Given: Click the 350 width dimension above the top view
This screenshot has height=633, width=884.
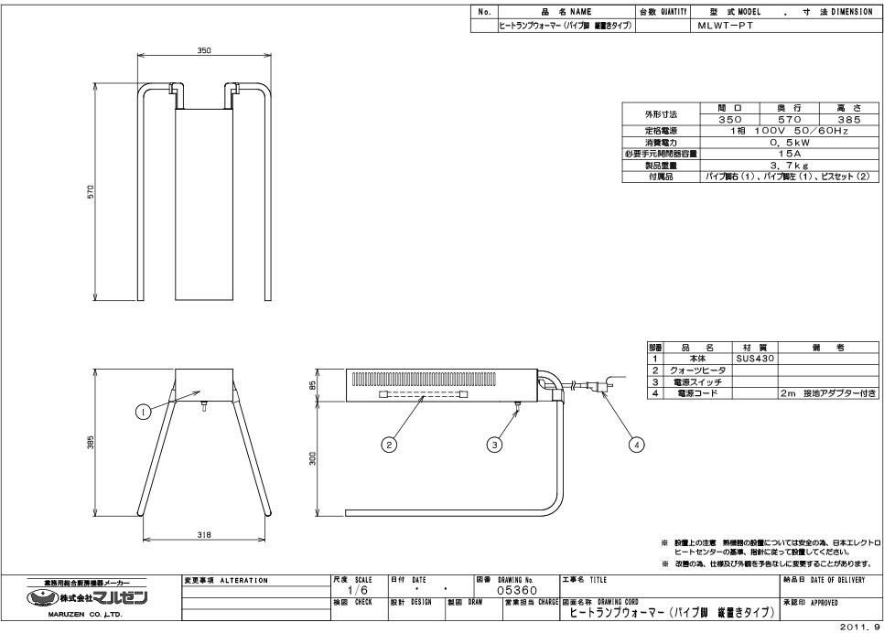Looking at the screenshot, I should (204, 51).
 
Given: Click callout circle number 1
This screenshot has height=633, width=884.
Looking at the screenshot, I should (143, 413).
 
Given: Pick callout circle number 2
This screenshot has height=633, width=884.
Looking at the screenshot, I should (389, 445).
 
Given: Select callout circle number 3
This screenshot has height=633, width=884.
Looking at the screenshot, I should (494, 445).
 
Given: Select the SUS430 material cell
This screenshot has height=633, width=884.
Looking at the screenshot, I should (755, 359).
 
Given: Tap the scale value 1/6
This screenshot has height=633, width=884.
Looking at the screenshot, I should (345, 591).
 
